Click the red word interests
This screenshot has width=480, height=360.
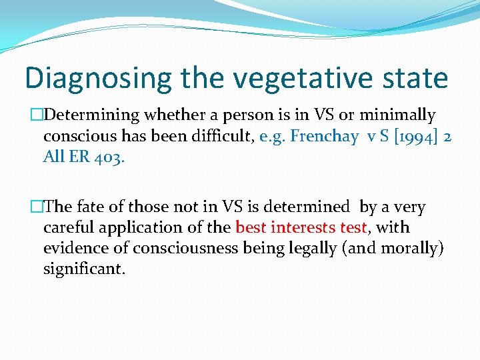(x=299, y=228)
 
